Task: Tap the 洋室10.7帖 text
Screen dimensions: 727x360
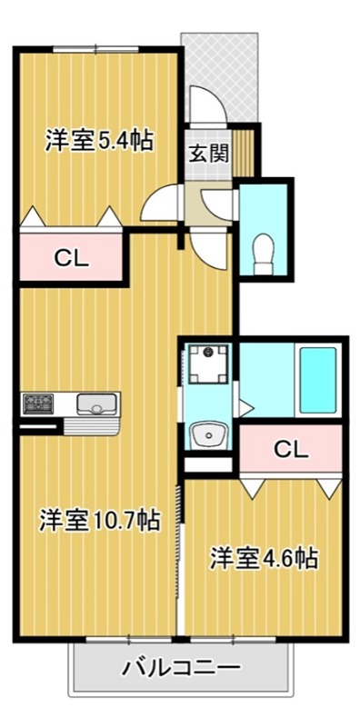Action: pos(99,520)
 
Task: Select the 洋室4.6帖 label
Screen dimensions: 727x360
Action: pos(265,557)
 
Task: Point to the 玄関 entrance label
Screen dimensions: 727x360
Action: pos(207,153)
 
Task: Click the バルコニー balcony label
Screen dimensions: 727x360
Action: pos(182,669)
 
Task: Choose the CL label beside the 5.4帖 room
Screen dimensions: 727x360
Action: pos(70,257)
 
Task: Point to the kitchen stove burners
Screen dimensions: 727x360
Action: pos(40,403)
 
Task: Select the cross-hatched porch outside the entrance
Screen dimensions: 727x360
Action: pos(221,64)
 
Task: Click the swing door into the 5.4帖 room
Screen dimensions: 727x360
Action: pos(162,202)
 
